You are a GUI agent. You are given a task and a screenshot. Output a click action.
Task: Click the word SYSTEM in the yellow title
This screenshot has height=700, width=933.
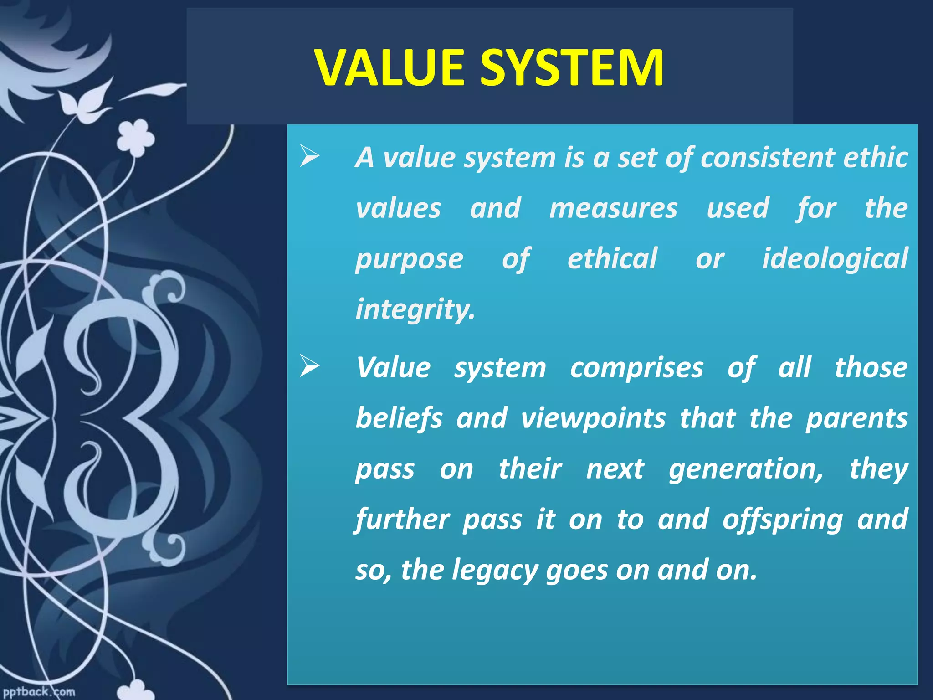(x=572, y=68)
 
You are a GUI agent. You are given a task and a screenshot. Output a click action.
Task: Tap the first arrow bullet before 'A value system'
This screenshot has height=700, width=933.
(x=310, y=157)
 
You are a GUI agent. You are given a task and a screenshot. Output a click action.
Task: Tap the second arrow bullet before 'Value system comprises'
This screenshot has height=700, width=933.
(x=310, y=367)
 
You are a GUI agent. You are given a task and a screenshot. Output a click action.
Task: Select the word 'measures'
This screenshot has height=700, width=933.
(x=613, y=208)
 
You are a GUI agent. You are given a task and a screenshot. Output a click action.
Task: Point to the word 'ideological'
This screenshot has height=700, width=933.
(x=835, y=259)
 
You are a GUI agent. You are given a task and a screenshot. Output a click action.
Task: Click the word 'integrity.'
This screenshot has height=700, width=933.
(x=415, y=309)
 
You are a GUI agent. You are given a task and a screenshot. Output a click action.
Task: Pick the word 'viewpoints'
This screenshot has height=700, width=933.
(x=593, y=418)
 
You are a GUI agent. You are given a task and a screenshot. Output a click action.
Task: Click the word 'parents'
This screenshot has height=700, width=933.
(x=856, y=418)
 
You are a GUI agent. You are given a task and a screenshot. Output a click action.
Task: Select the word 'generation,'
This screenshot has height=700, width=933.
(x=746, y=469)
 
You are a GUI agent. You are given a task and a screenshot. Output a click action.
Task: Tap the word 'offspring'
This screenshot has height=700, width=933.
(x=782, y=520)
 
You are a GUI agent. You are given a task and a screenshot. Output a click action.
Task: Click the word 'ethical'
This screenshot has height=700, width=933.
(x=612, y=258)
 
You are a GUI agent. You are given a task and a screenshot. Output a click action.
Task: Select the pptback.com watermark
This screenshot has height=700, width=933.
(x=38, y=692)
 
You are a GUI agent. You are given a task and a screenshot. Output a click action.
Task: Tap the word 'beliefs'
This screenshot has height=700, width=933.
(x=399, y=418)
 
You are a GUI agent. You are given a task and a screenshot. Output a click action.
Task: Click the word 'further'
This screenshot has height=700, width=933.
(x=402, y=520)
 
